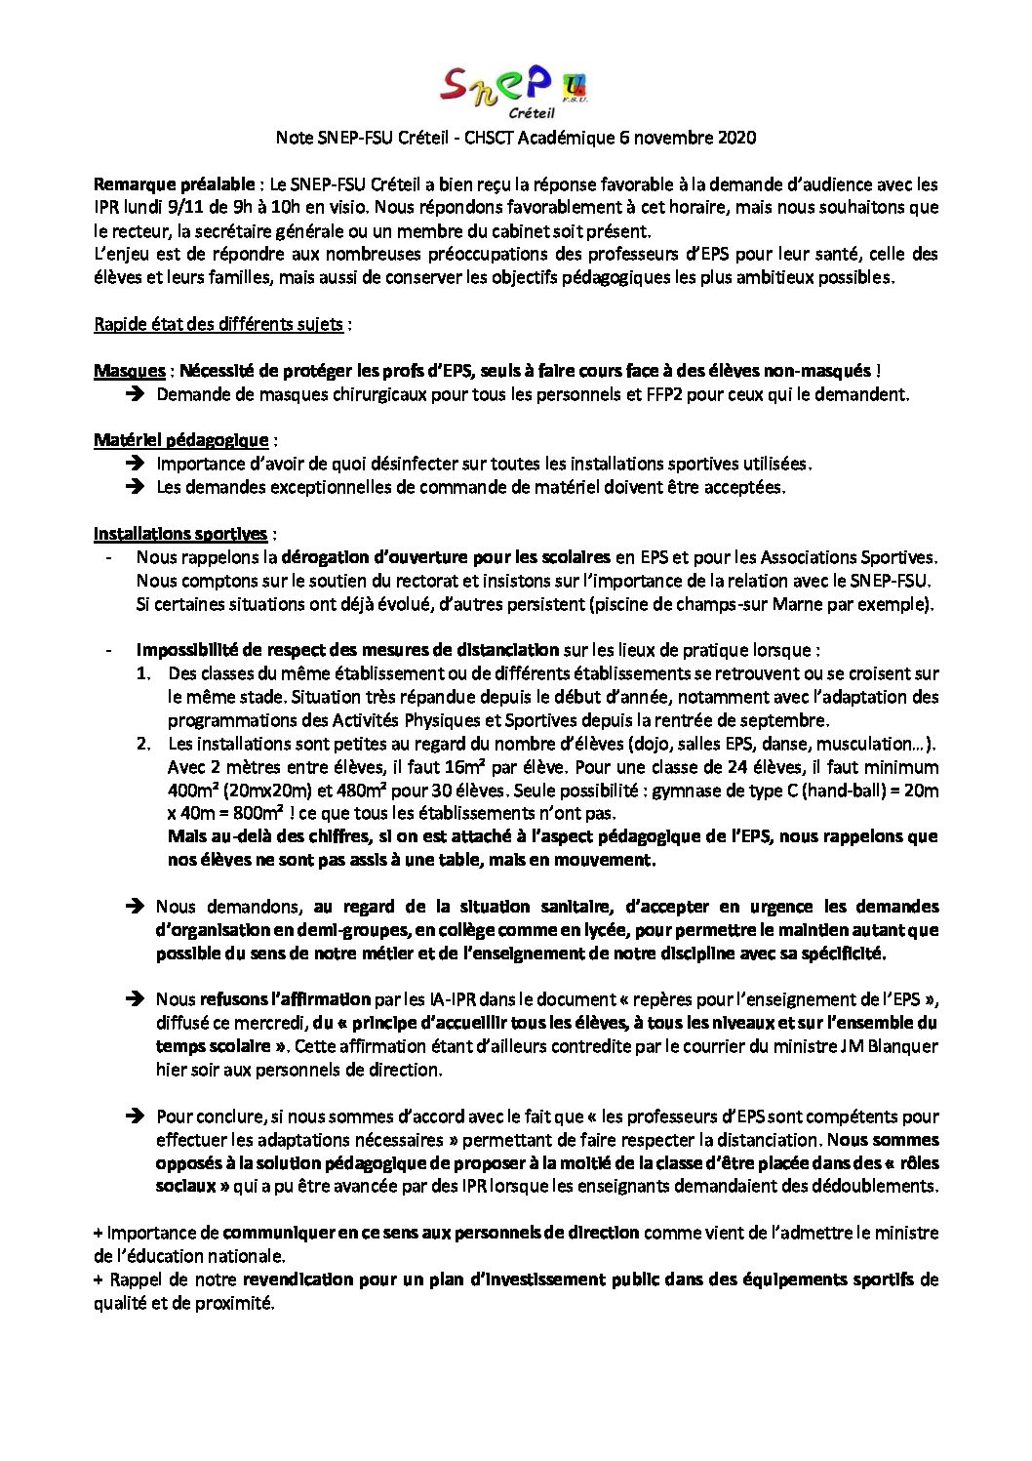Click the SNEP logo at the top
[x=514, y=89]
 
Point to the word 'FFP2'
[x=731, y=394]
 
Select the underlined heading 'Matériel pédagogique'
[x=180, y=440]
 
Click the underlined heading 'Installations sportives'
[x=180, y=534]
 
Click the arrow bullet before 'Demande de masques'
[x=137, y=394]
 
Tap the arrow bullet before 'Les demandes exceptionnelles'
[x=137, y=486]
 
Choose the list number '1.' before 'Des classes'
[x=144, y=673]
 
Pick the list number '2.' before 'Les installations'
[x=144, y=744]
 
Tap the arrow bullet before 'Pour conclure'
[x=137, y=1116]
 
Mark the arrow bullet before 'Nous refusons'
[x=137, y=999]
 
